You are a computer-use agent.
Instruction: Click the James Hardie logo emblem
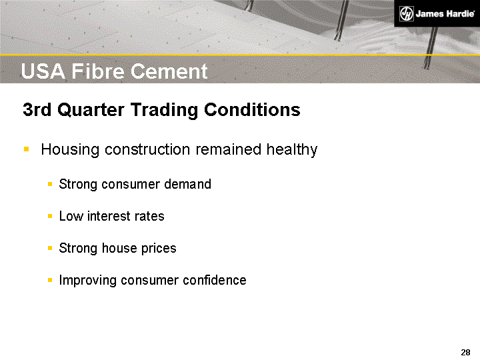407,13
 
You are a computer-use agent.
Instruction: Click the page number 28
465,352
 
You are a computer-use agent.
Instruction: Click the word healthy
291,150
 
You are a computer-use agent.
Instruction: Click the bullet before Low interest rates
51,217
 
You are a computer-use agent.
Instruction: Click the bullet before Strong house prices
51,249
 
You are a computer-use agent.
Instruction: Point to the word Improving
88,281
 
